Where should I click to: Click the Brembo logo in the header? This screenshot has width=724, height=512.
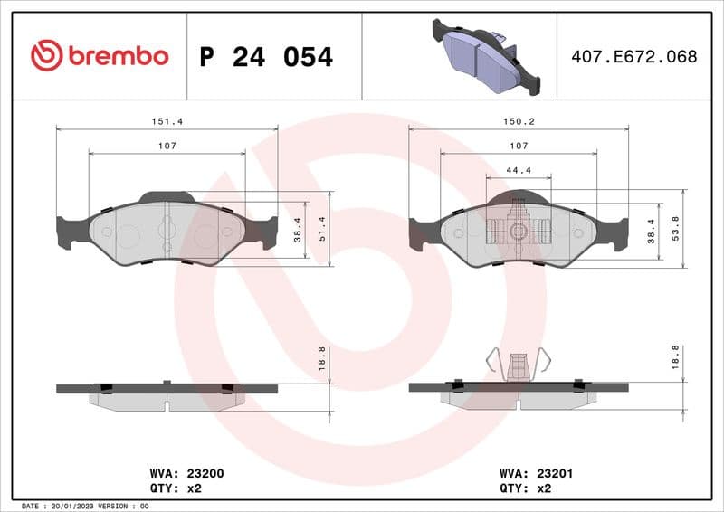(100, 56)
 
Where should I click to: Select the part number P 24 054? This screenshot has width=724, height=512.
(266, 57)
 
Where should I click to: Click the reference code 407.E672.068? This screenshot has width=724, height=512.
(634, 56)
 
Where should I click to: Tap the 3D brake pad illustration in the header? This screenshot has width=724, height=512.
(484, 56)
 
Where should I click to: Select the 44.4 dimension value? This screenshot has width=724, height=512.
(518, 169)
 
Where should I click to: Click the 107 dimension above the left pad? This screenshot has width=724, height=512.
(167, 145)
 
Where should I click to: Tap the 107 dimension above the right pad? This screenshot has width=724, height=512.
(518, 145)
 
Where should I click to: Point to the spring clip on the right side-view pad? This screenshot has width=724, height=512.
(518, 365)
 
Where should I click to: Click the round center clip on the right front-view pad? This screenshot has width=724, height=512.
(518, 231)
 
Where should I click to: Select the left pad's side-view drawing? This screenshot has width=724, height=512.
(167, 393)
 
